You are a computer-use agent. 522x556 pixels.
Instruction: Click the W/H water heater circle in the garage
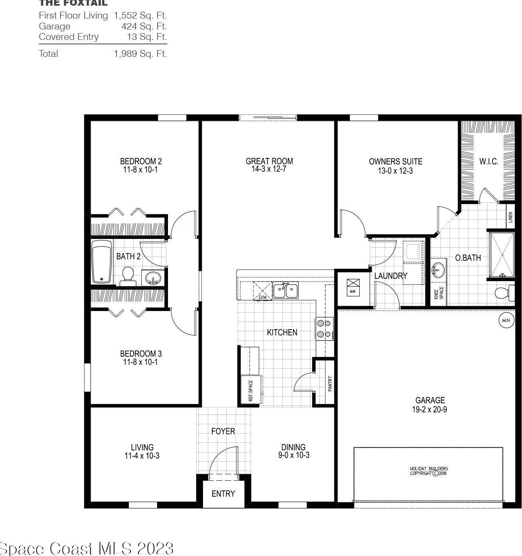506,321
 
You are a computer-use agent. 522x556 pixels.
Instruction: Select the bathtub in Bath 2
101,262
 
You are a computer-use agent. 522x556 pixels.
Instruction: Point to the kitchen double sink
285,290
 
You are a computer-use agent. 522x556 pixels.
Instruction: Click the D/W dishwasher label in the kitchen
263,297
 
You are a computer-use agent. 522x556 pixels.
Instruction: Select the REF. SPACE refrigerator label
251,390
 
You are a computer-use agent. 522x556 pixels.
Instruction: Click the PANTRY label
330,384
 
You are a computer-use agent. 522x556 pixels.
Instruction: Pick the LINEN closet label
510,218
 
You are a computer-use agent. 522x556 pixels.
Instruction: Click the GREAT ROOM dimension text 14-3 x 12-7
269,169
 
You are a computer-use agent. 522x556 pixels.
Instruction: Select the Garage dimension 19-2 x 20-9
429,409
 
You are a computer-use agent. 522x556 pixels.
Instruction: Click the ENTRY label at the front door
223,494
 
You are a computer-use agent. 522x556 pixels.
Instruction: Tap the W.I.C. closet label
489,162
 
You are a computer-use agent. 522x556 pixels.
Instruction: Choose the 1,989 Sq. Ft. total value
140,54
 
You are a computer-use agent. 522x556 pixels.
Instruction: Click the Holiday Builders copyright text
429,471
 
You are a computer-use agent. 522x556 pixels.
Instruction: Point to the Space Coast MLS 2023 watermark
87,548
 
